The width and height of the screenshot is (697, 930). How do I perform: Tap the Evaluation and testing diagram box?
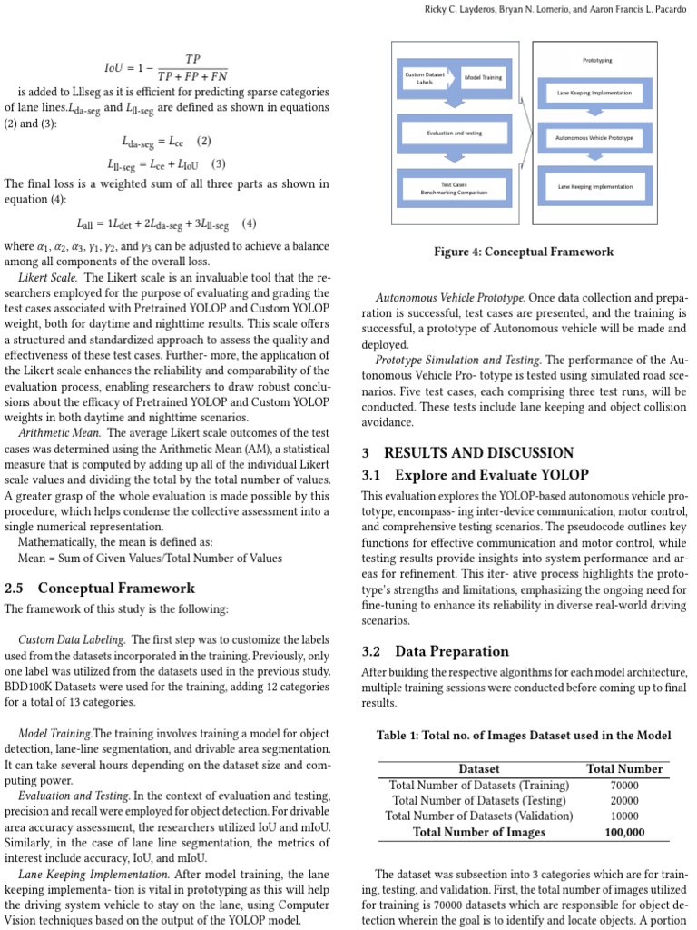pos(455,133)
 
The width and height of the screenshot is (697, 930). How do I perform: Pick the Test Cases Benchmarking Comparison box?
pos(454,188)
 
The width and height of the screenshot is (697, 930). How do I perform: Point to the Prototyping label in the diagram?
pos(596,60)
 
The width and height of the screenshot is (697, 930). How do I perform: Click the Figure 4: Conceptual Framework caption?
pos(523,252)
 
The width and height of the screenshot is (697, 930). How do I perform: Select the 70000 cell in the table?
pos(624,785)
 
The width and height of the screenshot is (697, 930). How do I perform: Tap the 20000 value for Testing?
pos(624,800)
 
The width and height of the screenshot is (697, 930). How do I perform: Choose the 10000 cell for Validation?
pos(624,816)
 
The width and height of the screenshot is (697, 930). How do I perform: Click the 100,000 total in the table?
pos(624,831)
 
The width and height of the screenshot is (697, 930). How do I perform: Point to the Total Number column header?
pos(624,768)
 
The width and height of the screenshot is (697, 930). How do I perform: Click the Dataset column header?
pos(478,768)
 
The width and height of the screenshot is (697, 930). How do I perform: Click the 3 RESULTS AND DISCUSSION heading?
pos(467,452)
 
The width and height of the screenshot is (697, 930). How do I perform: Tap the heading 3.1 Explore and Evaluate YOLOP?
pos(475,474)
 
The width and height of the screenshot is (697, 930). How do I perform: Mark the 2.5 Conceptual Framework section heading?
pos(100,588)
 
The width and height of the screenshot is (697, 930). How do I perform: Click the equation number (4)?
pos(249,223)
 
